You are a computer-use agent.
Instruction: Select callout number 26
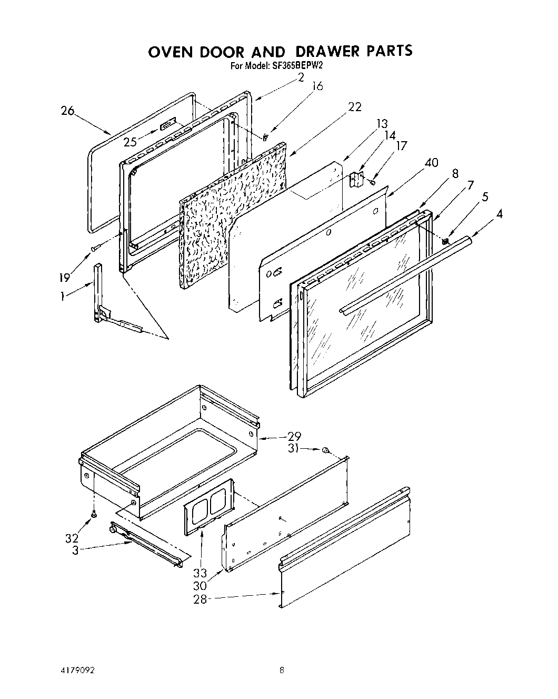tap(67, 111)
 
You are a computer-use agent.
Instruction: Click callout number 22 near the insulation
tap(355, 107)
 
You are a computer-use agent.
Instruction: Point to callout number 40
tap(431, 163)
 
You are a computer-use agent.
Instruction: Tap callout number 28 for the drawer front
tap(200, 599)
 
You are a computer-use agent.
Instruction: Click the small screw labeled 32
tap(94, 514)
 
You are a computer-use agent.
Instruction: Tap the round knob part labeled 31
tap(326, 450)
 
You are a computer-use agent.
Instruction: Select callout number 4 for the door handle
tap(499, 214)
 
